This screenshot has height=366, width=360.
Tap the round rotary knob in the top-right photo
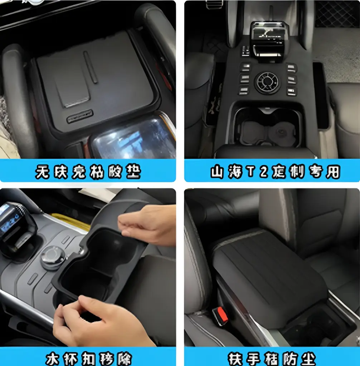point(266,83)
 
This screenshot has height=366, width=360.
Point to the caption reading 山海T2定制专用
point(274,172)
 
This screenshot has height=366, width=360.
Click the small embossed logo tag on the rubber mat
point(80,116)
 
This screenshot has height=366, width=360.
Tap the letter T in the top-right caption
point(252,172)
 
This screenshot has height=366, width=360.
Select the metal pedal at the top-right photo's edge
point(214,4)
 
